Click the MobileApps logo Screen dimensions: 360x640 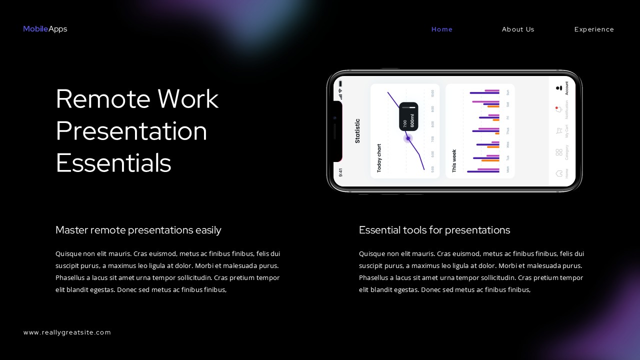coord(45,29)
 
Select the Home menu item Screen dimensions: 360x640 coord(442,29)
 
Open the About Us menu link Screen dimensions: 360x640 coord(518,29)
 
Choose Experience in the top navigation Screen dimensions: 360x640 coord(594,29)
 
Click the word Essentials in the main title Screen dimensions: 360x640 coord(113,163)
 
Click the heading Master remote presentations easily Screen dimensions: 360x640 coord(138,230)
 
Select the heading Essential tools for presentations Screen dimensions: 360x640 coord(434,230)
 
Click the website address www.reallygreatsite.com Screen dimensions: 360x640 coord(67,332)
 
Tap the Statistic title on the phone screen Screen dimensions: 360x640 coord(357,131)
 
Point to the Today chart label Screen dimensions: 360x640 coord(379,158)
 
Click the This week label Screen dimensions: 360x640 coord(454,161)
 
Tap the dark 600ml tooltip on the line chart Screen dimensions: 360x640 coord(408,116)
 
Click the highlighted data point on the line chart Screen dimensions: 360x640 coord(408,138)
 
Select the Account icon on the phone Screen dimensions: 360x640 coord(559,88)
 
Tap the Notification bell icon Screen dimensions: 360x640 coord(559,109)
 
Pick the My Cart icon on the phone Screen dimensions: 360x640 coord(559,131)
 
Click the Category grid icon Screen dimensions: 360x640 coord(559,152)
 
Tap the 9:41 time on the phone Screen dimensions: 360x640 coord(340,172)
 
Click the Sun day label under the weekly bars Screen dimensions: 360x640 coord(508,92)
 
